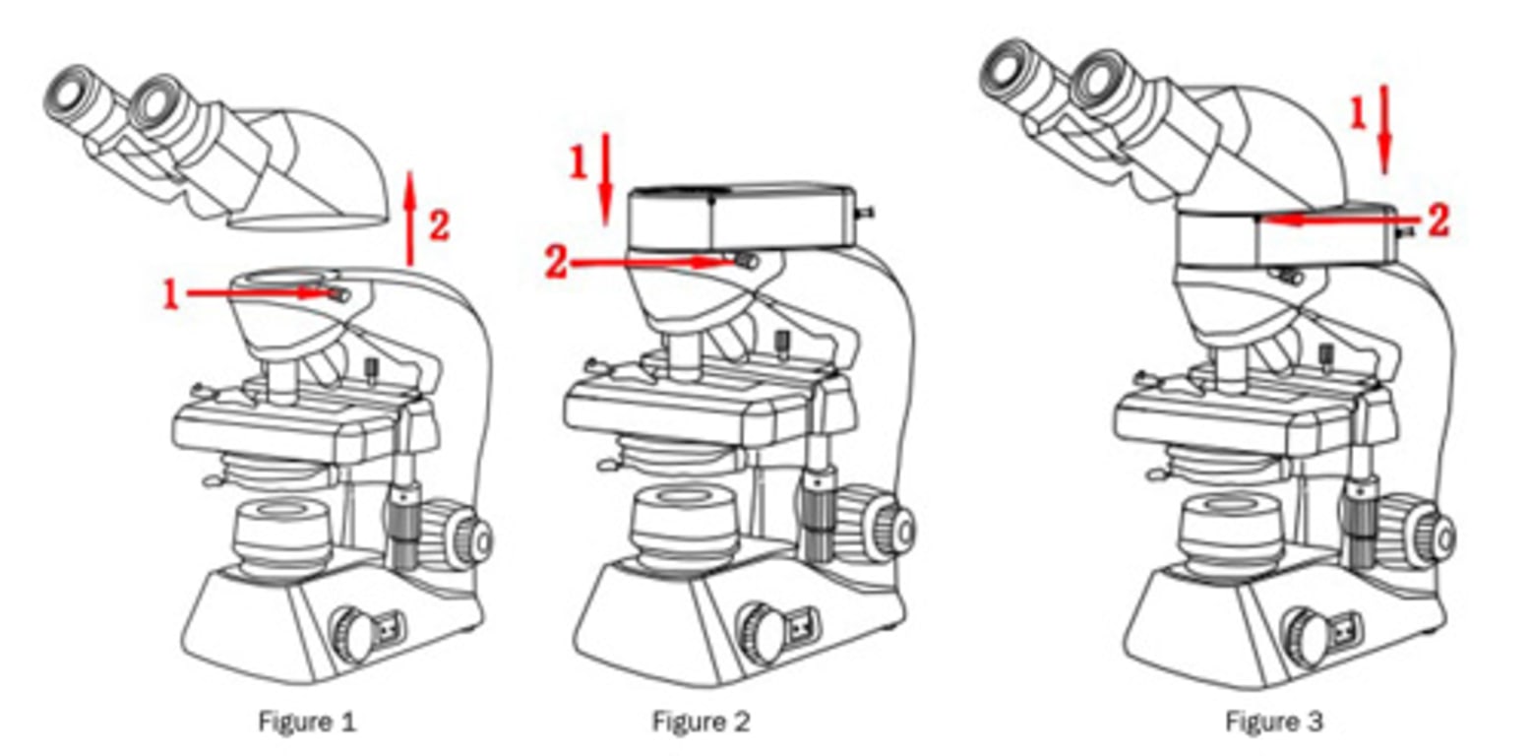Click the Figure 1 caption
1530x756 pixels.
coord(307,722)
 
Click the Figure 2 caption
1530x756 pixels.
coord(701,722)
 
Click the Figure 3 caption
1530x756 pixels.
coord(1274,722)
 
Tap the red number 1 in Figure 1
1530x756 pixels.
coord(170,295)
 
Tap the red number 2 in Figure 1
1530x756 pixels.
coord(439,224)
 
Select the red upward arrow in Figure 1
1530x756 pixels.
coord(409,219)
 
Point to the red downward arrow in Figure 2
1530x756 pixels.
coord(605,180)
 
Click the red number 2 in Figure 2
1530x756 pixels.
coord(556,263)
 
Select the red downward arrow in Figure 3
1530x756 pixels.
coord(1384,130)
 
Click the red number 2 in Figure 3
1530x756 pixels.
coord(1438,220)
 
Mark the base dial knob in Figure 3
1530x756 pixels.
coord(1308,634)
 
